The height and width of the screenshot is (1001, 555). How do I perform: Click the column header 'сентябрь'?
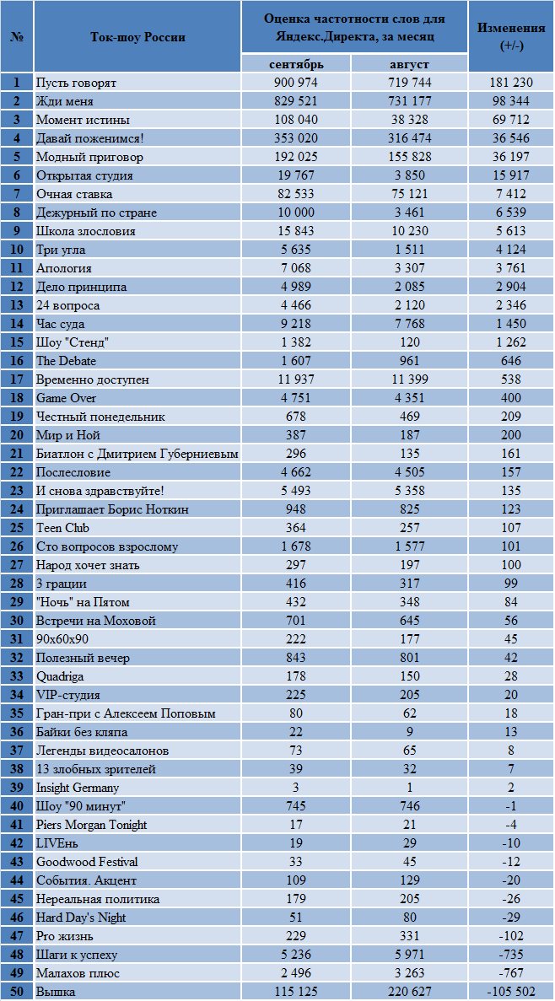coord(296,64)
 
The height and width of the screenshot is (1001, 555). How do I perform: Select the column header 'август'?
coord(409,64)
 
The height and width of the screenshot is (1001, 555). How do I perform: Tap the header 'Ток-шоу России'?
coord(138,36)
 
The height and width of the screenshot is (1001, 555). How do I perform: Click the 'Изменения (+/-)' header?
coord(512,36)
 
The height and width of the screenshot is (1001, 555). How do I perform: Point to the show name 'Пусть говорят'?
coord(77,83)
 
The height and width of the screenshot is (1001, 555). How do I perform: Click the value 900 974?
coord(296,83)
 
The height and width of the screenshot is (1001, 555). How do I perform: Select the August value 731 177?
coord(409,101)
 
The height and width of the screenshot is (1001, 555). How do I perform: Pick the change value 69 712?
coord(512,120)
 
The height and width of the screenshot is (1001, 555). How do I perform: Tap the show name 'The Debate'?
coord(67,361)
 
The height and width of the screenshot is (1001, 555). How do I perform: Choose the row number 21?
coord(17,453)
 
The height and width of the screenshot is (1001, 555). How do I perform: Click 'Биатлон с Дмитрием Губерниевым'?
coord(137,454)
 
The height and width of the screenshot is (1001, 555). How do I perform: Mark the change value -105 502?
coord(512,992)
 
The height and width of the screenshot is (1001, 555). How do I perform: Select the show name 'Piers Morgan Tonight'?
coord(92,825)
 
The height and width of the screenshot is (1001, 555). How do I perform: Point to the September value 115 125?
coord(296,992)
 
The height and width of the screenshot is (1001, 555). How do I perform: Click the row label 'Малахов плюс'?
coord(78,973)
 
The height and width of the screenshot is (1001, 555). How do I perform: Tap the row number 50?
coord(17,992)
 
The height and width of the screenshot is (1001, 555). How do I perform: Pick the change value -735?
coord(512,955)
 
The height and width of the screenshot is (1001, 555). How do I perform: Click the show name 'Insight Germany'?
coord(78,788)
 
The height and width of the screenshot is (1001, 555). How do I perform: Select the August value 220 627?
coord(409,992)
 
